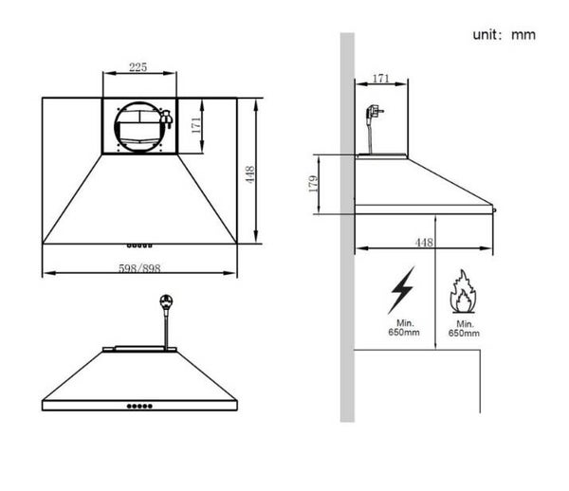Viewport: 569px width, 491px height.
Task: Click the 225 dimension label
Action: pyautogui.click(x=138, y=67)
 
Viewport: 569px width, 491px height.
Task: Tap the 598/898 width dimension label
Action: pyautogui.click(x=139, y=268)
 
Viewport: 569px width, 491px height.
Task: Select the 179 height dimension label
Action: pyautogui.click(x=314, y=184)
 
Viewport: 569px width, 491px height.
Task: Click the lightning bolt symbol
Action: pyautogui.click(x=402, y=290)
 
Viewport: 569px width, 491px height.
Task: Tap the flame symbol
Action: pyautogui.click(x=463, y=292)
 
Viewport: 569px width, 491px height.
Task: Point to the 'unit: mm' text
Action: pyautogui.click(x=505, y=35)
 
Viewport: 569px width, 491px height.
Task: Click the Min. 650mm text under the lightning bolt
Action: pyautogui.click(x=404, y=327)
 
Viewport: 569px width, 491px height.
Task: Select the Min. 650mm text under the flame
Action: pyautogui.click(x=464, y=329)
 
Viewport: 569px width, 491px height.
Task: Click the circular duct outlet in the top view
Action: pyautogui.click(x=138, y=127)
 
